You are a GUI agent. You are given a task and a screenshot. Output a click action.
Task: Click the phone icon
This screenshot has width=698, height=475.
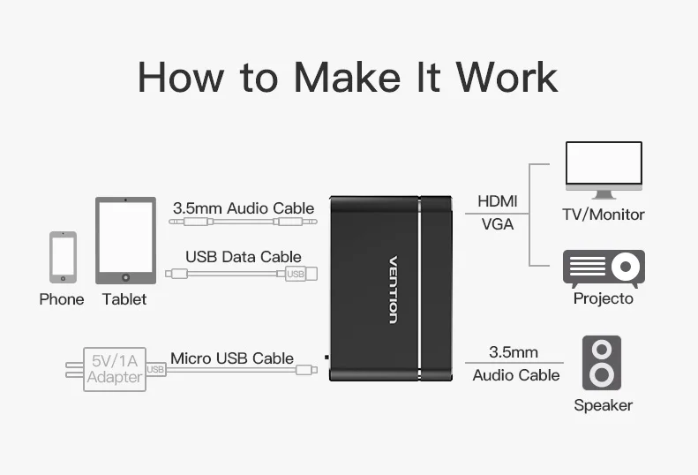(63, 257)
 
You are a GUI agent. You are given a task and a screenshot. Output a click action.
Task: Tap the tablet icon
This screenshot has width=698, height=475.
(125, 241)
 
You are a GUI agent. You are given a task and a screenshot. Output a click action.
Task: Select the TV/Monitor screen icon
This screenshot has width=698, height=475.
(604, 170)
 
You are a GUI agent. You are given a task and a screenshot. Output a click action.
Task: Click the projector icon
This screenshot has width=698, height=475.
(604, 268)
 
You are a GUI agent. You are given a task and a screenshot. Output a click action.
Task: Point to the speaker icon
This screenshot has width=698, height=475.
(602, 363)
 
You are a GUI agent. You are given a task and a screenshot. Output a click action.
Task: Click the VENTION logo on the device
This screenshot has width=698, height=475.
(393, 290)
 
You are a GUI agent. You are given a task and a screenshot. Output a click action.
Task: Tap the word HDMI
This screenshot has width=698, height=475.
(497, 201)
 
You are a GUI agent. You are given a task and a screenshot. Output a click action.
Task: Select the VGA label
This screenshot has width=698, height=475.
(497, 223)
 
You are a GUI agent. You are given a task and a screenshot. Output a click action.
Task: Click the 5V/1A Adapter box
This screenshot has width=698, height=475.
(115, 369)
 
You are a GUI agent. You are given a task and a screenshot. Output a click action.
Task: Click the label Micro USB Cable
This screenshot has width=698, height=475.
(232, 358)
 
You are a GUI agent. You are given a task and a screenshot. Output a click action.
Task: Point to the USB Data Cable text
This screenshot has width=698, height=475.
(243, 257)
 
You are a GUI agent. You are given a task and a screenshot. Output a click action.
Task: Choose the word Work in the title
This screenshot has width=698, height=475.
(507, 77)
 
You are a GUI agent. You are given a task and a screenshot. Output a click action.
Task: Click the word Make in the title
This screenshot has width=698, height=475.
(347, 77)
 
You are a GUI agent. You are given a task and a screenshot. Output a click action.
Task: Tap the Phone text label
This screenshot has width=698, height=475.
(62, 299)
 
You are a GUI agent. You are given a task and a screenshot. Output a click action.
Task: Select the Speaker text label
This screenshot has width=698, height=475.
(604, 405)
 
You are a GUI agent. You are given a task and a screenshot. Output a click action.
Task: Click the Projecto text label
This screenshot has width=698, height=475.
(604, 298)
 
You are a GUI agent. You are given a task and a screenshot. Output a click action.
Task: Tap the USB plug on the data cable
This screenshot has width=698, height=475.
(302, 274)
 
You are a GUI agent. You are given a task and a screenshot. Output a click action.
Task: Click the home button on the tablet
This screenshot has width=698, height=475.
(125, 277)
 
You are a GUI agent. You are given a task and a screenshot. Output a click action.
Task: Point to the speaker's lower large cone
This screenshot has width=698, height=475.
(602, 374)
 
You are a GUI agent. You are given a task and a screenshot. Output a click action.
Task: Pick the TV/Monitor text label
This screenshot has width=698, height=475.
(604, 215)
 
